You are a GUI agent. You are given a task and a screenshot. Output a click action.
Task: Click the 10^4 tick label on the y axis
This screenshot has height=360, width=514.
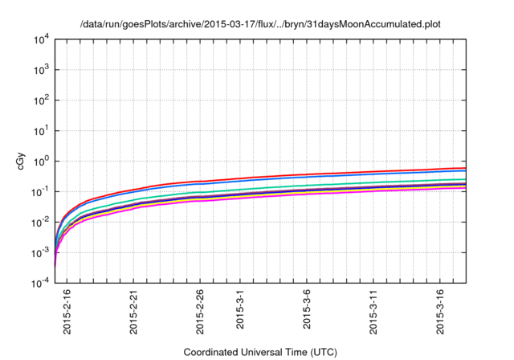(x=42, y=39)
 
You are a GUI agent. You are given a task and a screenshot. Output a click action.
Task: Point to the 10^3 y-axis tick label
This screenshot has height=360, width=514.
(x=42, y=70)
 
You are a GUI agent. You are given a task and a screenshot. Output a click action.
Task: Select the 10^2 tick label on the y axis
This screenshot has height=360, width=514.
(x=42, y=100)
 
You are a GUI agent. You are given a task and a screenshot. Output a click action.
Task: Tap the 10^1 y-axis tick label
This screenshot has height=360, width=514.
(x=42, y=131)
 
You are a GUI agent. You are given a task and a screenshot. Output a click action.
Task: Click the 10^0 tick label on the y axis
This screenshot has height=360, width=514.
(x=42, y=162)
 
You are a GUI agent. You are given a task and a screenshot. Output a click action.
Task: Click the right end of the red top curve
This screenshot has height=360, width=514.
(x=465, y=168)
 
